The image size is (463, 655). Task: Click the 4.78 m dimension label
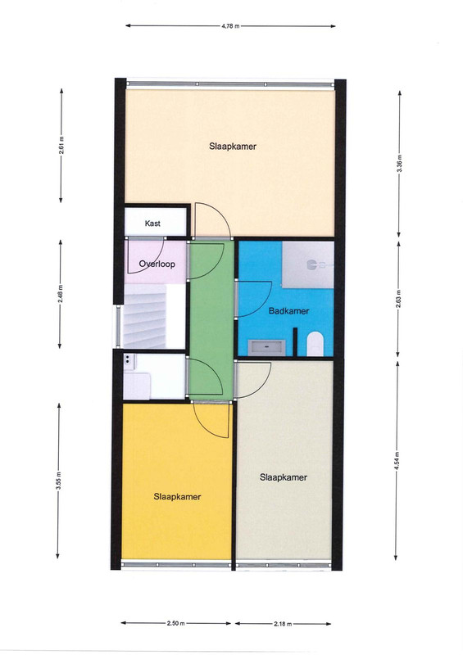230,26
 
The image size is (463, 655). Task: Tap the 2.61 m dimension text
61,146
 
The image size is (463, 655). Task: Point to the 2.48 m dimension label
60,294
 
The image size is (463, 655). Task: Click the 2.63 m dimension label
398,299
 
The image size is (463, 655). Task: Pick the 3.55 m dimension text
58,481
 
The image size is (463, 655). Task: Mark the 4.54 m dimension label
397,461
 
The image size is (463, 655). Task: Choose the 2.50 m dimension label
175,623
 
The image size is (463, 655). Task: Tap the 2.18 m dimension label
283,624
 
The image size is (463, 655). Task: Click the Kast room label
152,224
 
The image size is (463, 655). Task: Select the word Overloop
157,264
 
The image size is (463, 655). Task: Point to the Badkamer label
289,311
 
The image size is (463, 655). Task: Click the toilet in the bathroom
315,344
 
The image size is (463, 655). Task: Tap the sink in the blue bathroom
267,347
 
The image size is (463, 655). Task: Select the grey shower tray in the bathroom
308,264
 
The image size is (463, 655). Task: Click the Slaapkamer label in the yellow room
177,497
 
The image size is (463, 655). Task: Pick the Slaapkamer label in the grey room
284,477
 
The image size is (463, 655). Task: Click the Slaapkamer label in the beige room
233,147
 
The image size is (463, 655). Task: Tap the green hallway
211,319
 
